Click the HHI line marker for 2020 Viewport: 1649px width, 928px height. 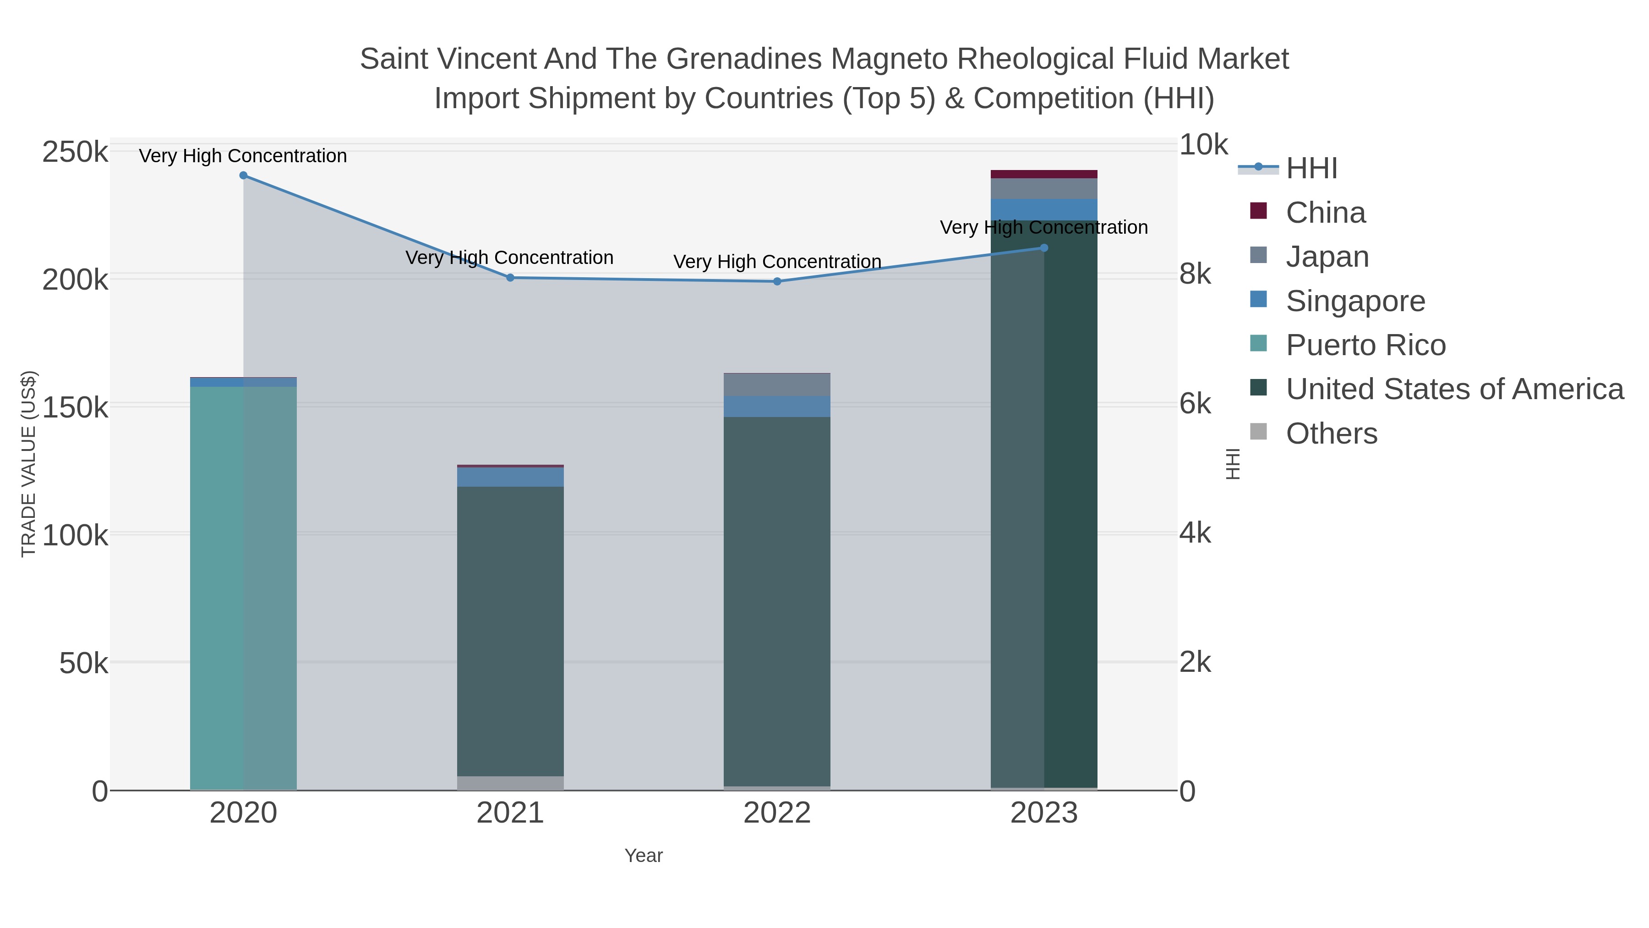[x=243, y=176]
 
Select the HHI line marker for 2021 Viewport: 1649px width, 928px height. [x=510, y=278]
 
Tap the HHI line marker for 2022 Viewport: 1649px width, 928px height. [x=777, y=282]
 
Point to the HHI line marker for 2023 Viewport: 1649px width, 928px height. [x=1044, y=248]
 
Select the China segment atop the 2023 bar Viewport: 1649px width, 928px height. [x=1044, y=174]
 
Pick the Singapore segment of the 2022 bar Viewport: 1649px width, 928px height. [x=777, y=406]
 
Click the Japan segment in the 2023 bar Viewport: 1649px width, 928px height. [x=1044, y=189]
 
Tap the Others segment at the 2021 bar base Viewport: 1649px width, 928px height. [x=510, y=783]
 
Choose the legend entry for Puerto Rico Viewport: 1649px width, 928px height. [x=1365, y=345]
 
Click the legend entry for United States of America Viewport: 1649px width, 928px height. [x=1454, y=390]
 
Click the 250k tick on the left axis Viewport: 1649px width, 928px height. [x=75, y=153]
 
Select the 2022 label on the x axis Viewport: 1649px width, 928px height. [x=777, y=813]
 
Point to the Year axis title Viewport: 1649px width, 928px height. [x=644, y=856]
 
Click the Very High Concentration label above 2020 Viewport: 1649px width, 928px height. [x=243, y=156]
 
